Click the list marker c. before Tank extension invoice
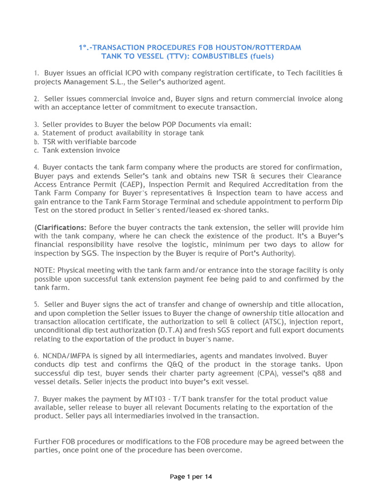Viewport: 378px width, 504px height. (36, 151)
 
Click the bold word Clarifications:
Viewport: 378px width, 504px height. (61, 227)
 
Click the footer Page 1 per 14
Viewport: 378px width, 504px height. (191, 476)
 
